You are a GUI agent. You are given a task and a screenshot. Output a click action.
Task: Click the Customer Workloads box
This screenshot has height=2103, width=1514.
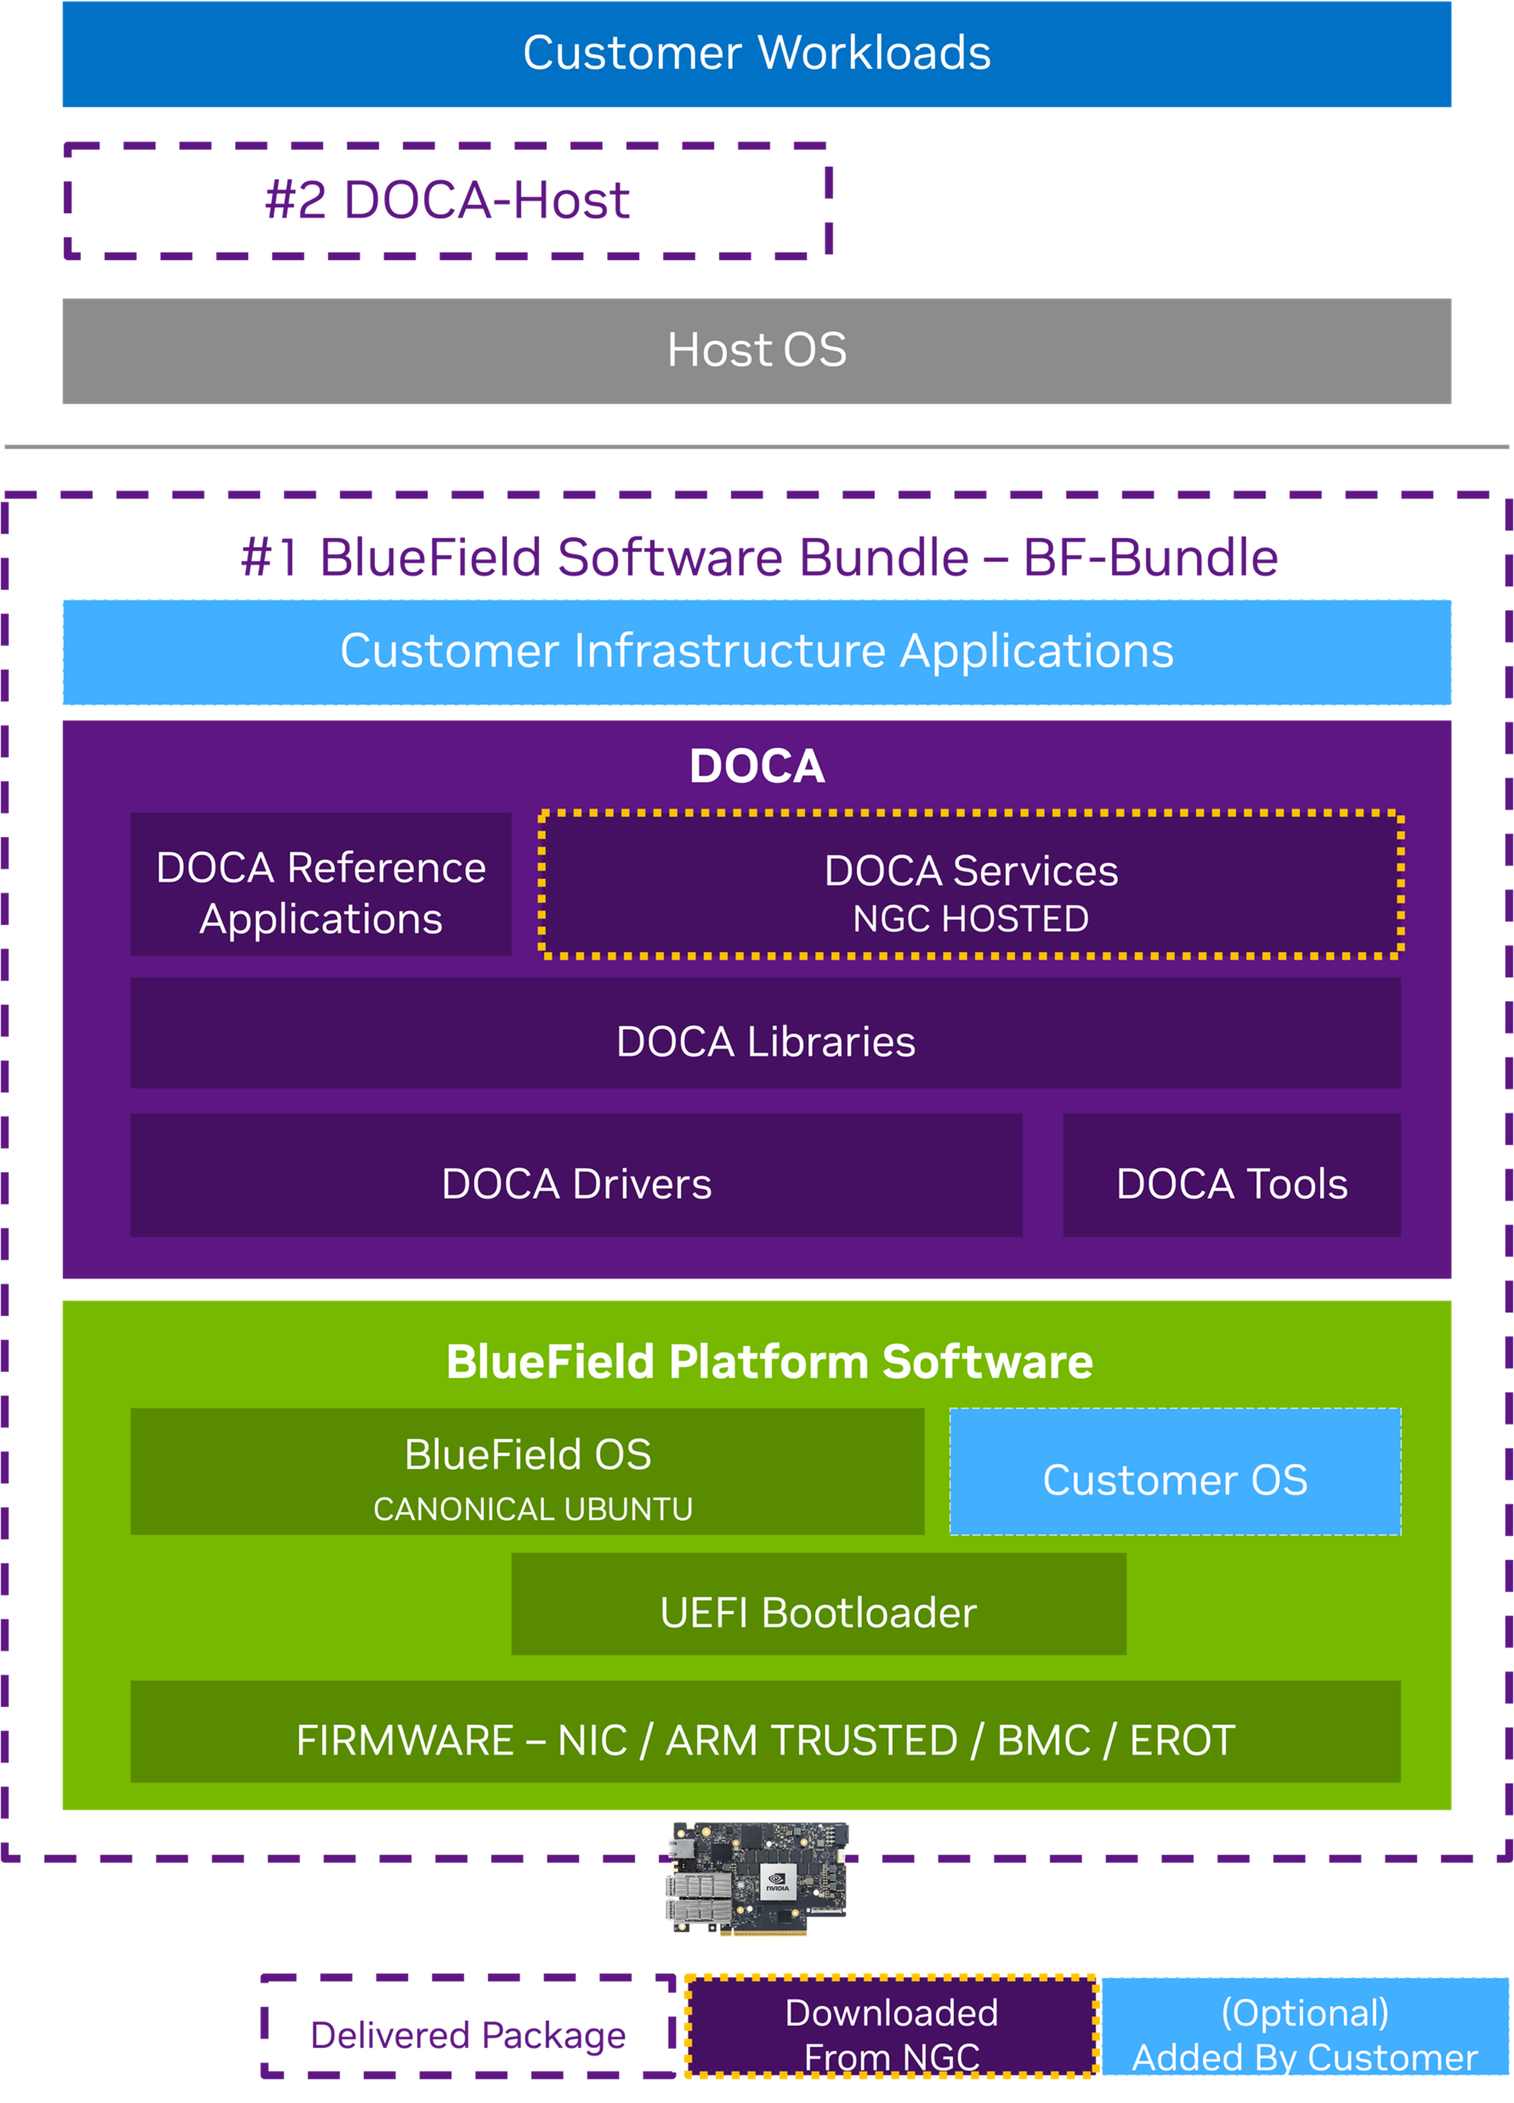pos(756,54)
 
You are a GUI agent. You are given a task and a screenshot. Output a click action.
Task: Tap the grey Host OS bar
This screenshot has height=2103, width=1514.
pos(756,350)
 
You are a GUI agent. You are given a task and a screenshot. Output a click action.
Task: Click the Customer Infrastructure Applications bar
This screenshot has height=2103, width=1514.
pos(756,652)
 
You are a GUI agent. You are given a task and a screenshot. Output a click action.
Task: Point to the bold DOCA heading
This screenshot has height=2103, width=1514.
pos(756,766)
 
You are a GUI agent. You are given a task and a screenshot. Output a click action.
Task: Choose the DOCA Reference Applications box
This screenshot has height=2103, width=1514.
pos(321,884)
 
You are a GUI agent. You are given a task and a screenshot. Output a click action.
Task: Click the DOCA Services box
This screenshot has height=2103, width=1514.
pos(971,884)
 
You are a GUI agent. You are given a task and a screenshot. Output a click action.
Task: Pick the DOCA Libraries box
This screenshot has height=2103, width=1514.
pos(765,1032)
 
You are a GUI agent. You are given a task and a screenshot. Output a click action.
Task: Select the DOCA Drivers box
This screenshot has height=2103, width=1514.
pos(576,1175)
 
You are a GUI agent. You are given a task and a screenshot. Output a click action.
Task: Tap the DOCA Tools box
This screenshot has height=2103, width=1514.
pos(1231,1175)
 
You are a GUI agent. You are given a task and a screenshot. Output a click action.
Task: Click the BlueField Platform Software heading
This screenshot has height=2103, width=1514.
pos(769,1361)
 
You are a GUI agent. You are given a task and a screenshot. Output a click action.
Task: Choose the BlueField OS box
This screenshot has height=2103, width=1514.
pos(527,1471)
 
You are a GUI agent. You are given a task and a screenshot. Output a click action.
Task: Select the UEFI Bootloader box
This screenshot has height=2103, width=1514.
pos(819,1604)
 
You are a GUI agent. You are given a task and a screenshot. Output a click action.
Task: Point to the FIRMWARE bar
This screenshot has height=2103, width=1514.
pos(765,1731)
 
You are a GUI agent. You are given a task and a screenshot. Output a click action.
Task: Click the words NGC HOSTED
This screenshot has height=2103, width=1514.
pos(971,919)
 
